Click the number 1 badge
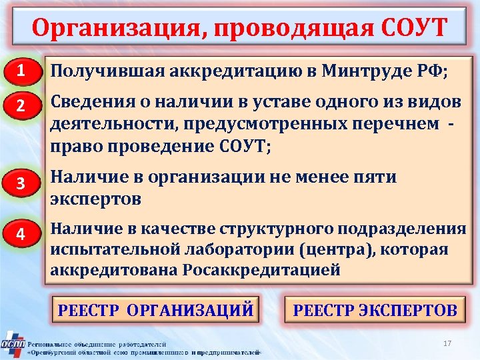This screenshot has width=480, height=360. [x=21, y=71]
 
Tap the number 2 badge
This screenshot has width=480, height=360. [x=21, y=107]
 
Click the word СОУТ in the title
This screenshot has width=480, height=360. [x=414, y=28]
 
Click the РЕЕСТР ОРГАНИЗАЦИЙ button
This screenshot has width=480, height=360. [x=156, y=310]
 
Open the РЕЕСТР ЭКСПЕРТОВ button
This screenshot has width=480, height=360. [x=375, y=310]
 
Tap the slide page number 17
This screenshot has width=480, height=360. [x=447, y=343]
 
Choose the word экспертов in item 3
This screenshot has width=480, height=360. [x=96, y=198]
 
